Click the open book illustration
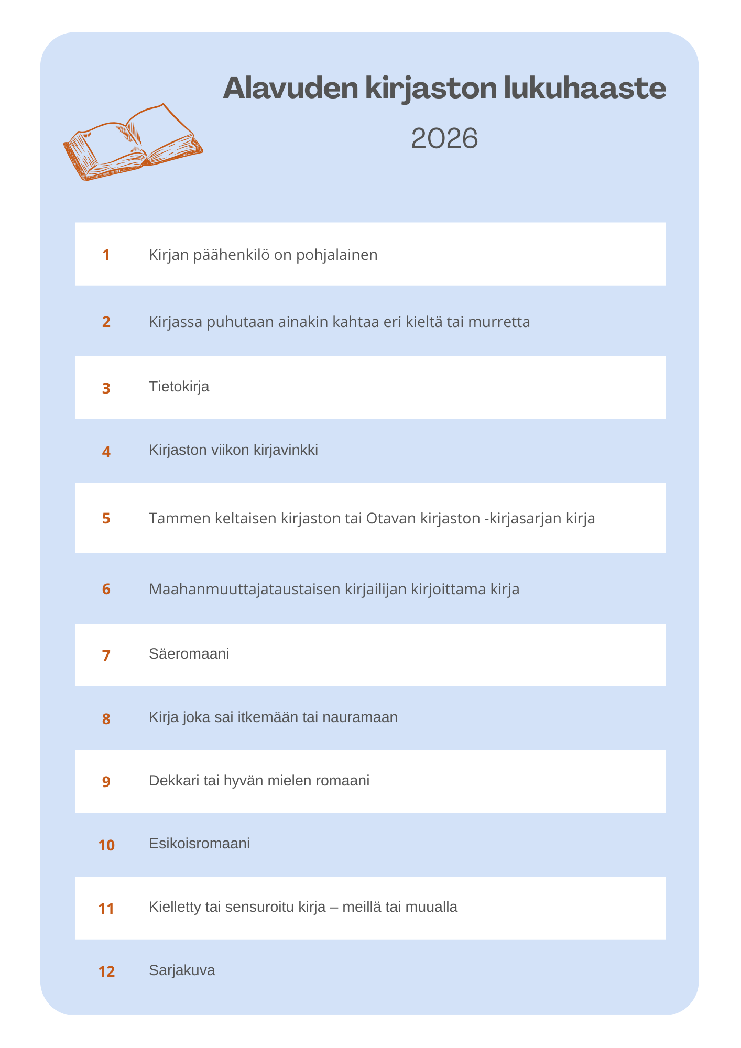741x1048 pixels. pyautogui.click(x=133, y=143)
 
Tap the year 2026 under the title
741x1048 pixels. pyautogui.click(x=444, y=139)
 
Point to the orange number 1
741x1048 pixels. pyautogui.click(x=106, y=255)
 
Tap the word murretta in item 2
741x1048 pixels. pyautogui.click(x=499, y=322)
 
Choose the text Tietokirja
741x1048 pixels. pyautogui.click(x=179, y=387)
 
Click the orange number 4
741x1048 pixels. pyautogui.click(x=106, y=451)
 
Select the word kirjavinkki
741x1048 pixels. pyautogui.click(x=286, y=450)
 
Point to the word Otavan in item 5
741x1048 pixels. pyautogui.click(x=390, y=518)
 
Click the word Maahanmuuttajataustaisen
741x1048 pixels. pyautogui.click(x=245, y=589)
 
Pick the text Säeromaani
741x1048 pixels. pyautogui.click(x=189, y=654)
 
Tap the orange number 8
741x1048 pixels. pyautogui.click(x=106, y=718)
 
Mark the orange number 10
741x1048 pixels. pyautogui.click(x=106, y=845)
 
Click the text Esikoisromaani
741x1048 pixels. pyautogui.click(x=199, y=844)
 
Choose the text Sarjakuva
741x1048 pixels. pyautogui.click(x=182, y=970)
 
